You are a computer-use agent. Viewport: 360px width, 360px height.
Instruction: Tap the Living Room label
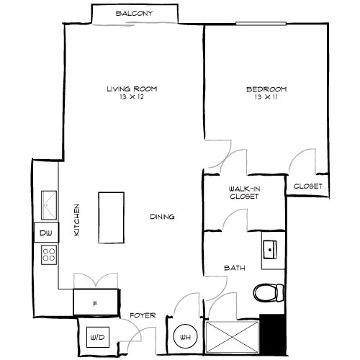click(x=132, y=93)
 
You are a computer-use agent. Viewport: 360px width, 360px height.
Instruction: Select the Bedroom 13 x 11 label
click(x=266, y=93)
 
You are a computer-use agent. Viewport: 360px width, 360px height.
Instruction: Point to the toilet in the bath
click(x=267, y=292)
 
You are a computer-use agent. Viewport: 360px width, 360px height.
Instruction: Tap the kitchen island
click(x=111, y=217)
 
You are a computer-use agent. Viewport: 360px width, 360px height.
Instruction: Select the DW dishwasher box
click(x=45, y=233)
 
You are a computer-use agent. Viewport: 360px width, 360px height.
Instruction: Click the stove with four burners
click(x=48, y=254)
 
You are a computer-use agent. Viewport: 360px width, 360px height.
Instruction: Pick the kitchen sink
click(x=48, y=204)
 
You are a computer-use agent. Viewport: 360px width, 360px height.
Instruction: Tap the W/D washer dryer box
click(x=97, y=336)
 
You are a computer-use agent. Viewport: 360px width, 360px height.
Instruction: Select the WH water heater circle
click(x=184, y=336)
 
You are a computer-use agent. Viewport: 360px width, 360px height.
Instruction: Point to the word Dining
click(x=162, y=217)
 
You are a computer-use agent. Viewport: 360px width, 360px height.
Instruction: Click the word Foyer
click(x=140, y=315)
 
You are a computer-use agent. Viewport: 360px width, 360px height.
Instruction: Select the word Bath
click(x=235, y=268)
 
